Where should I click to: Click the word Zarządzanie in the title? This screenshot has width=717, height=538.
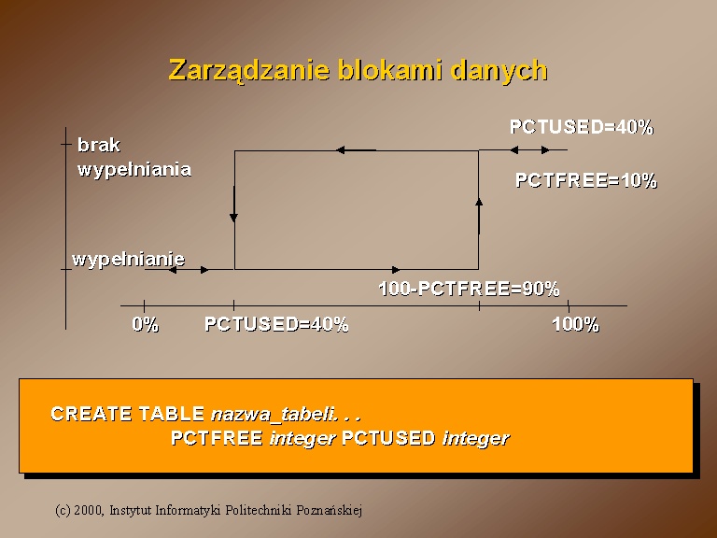[x=249, y=71]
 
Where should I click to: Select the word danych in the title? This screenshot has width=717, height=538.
[x=499, y=71]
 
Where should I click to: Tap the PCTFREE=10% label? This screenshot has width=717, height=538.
[x=586, y=180]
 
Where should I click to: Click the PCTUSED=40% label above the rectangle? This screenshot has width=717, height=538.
[x=582, y=127]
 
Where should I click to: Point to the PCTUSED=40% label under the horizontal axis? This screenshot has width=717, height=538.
[x=276, y=324]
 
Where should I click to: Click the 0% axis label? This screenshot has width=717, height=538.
[x=146, y=324]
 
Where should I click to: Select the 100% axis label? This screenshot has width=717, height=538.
[x=575, y=324]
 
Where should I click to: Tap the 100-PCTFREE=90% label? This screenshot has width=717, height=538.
[x=470, y=289]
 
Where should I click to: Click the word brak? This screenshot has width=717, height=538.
[x=99, y=145]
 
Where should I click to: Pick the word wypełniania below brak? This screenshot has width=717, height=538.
[x=134, y=169]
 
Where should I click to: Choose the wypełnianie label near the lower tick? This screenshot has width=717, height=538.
[x=129, y=260]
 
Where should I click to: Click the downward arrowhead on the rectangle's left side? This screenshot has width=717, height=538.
[x=233, y=218]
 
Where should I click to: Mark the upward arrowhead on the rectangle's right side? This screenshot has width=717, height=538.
[x=479, y=203]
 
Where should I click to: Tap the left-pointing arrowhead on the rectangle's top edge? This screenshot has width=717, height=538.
[x=341, y=149]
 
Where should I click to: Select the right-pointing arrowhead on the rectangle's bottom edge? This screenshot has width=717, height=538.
[x=396, y=269]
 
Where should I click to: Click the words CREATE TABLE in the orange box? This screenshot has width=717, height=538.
[x=127, y=414]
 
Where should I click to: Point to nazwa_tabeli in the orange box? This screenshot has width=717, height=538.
[x=273, y=415]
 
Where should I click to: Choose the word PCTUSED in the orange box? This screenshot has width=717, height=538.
[x=388, y=438]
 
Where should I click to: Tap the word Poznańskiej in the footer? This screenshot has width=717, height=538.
[x=330, y=510]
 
